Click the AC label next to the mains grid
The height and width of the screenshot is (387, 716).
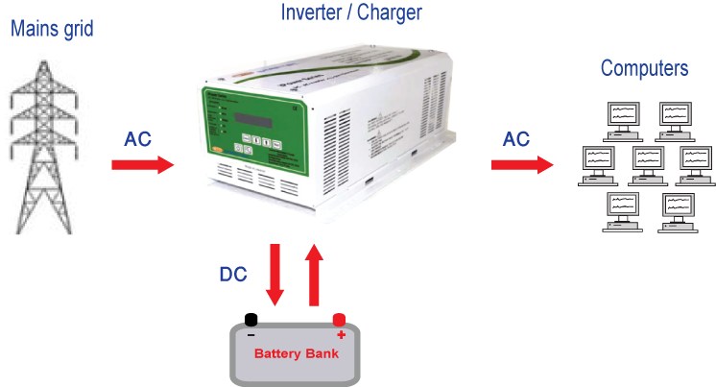point(138,139)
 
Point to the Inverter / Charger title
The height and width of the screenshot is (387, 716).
point(351,12)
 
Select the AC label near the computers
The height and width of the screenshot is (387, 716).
point(516,139)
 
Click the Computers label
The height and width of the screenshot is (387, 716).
point(644,68)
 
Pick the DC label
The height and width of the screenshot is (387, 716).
point(232,274)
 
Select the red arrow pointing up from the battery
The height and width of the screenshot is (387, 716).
point(313,275)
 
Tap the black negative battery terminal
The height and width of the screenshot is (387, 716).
point(251,320)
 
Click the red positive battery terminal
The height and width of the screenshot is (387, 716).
point(339,320)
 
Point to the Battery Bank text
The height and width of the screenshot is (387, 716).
point(296,353)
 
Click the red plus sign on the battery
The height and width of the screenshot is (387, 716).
point(340,335)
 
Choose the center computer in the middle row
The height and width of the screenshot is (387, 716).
point(647,162)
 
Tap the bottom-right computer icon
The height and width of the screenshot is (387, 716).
point(675,208)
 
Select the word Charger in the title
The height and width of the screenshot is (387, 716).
point(391,12)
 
